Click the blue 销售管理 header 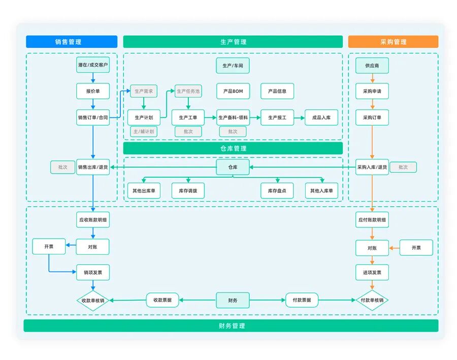click(72, 42)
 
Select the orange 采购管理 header click(393, 42)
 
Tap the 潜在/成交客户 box click(93, 65)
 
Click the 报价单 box click(93, 91)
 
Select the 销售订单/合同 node click(93, 117)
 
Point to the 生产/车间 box click(233, 65)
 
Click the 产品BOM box click(233, 91)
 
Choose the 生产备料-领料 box click(233, 117)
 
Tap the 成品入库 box click(321, 117)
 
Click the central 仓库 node click(233, 167)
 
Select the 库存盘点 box click(277, 191)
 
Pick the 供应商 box click(372, 65)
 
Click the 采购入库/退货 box click(372, 167)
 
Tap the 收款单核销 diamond click(93, 300)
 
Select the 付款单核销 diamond click(372, 300)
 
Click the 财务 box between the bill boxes click(233, 300)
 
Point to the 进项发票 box click(372, 273)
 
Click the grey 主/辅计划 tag click(144, 132)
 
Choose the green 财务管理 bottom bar click(231, 325)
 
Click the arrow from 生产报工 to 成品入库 click(300, 117)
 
